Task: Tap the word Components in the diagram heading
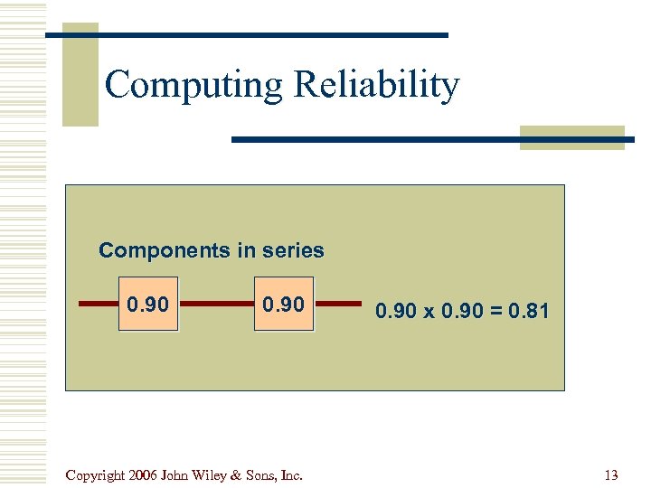click(x=165, y=250)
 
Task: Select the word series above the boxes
click(x=291, y=250)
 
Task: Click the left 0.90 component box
click(x=148, y=305)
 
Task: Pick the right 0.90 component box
click(x=283, y=305)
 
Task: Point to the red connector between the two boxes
click(x=216, y=305)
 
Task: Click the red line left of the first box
click(x=99, y=305)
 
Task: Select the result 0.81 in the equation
click(x=527, y=312)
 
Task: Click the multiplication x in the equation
click(x=429, y=312)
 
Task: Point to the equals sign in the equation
click(x=495, y=312)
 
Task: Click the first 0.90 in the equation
click(x=397, y=312)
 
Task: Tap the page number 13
click(x=610, y=475)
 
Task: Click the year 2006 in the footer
click(x=143, y=475)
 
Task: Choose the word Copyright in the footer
click(x=95, y=475)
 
